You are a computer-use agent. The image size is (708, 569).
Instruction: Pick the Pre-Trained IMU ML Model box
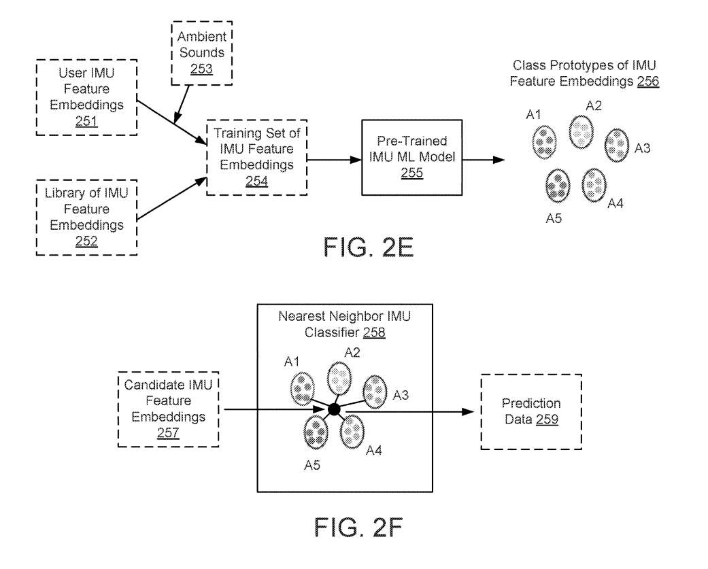click(x=411, y=158)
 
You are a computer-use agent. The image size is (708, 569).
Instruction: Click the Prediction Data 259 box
click(x=532, y=412)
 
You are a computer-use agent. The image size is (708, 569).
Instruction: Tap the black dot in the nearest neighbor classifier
click(x=333, y=410)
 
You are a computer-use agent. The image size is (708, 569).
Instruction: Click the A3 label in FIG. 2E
click(x=643, y=148)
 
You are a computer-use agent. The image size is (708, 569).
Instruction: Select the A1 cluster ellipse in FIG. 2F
click(x=302, y=389)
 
